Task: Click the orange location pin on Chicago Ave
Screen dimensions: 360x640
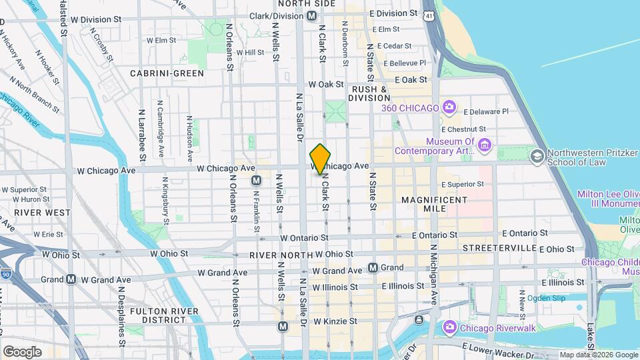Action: click(320, 159)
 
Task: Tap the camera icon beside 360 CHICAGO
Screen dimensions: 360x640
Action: click(449, 107)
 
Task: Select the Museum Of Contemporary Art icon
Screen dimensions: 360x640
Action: click(485, 145)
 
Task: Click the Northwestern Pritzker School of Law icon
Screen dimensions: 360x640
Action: click(536, 156)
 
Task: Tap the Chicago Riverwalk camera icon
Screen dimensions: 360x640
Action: click(449, 327)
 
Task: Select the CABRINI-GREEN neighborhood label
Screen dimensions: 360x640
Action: click(167, 73)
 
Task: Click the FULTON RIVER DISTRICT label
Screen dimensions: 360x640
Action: click(163, 316)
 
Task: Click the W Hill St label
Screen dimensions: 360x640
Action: click(250, 52)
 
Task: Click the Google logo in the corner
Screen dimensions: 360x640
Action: click(23, 351)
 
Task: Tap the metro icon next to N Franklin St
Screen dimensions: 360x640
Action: click(256, 181)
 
